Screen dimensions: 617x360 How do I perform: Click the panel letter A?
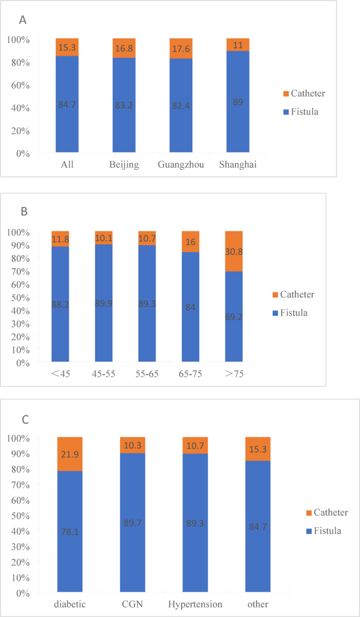[23, 20]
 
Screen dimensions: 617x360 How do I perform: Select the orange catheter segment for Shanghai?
[238, 45]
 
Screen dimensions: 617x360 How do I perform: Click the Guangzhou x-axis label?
[181, 165]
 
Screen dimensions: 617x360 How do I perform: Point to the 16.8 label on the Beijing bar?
[124, 48]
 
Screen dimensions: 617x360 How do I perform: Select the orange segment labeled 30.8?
[234, 251]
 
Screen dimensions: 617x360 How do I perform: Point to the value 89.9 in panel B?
[104, 303]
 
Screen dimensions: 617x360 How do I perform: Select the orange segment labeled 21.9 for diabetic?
[70, 454]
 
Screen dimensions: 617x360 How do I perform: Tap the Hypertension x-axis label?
[195, 604]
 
